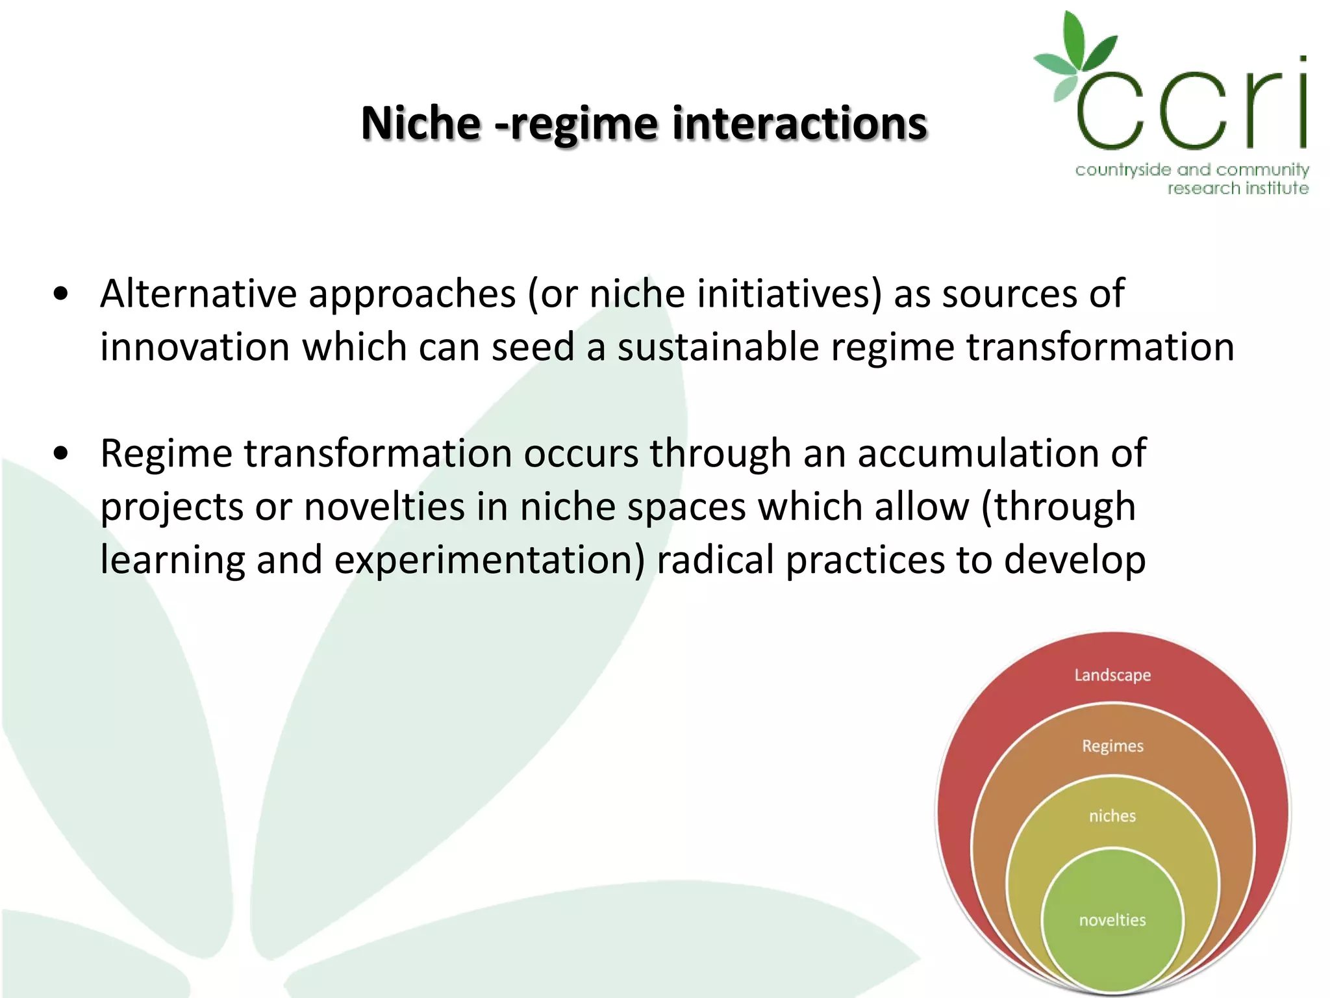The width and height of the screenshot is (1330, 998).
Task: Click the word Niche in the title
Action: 420,123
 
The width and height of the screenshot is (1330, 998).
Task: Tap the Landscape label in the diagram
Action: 1112,675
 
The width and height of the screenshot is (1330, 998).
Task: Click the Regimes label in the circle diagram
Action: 1112,746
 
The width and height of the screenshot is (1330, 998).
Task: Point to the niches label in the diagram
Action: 1112,816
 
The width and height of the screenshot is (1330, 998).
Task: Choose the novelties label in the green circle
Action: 1112,920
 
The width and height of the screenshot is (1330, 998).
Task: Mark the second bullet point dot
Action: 61,454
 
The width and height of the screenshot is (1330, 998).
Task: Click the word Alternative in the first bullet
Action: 198,294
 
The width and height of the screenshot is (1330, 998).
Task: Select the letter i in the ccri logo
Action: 1302,104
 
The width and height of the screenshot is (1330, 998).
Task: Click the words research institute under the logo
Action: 1237,188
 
